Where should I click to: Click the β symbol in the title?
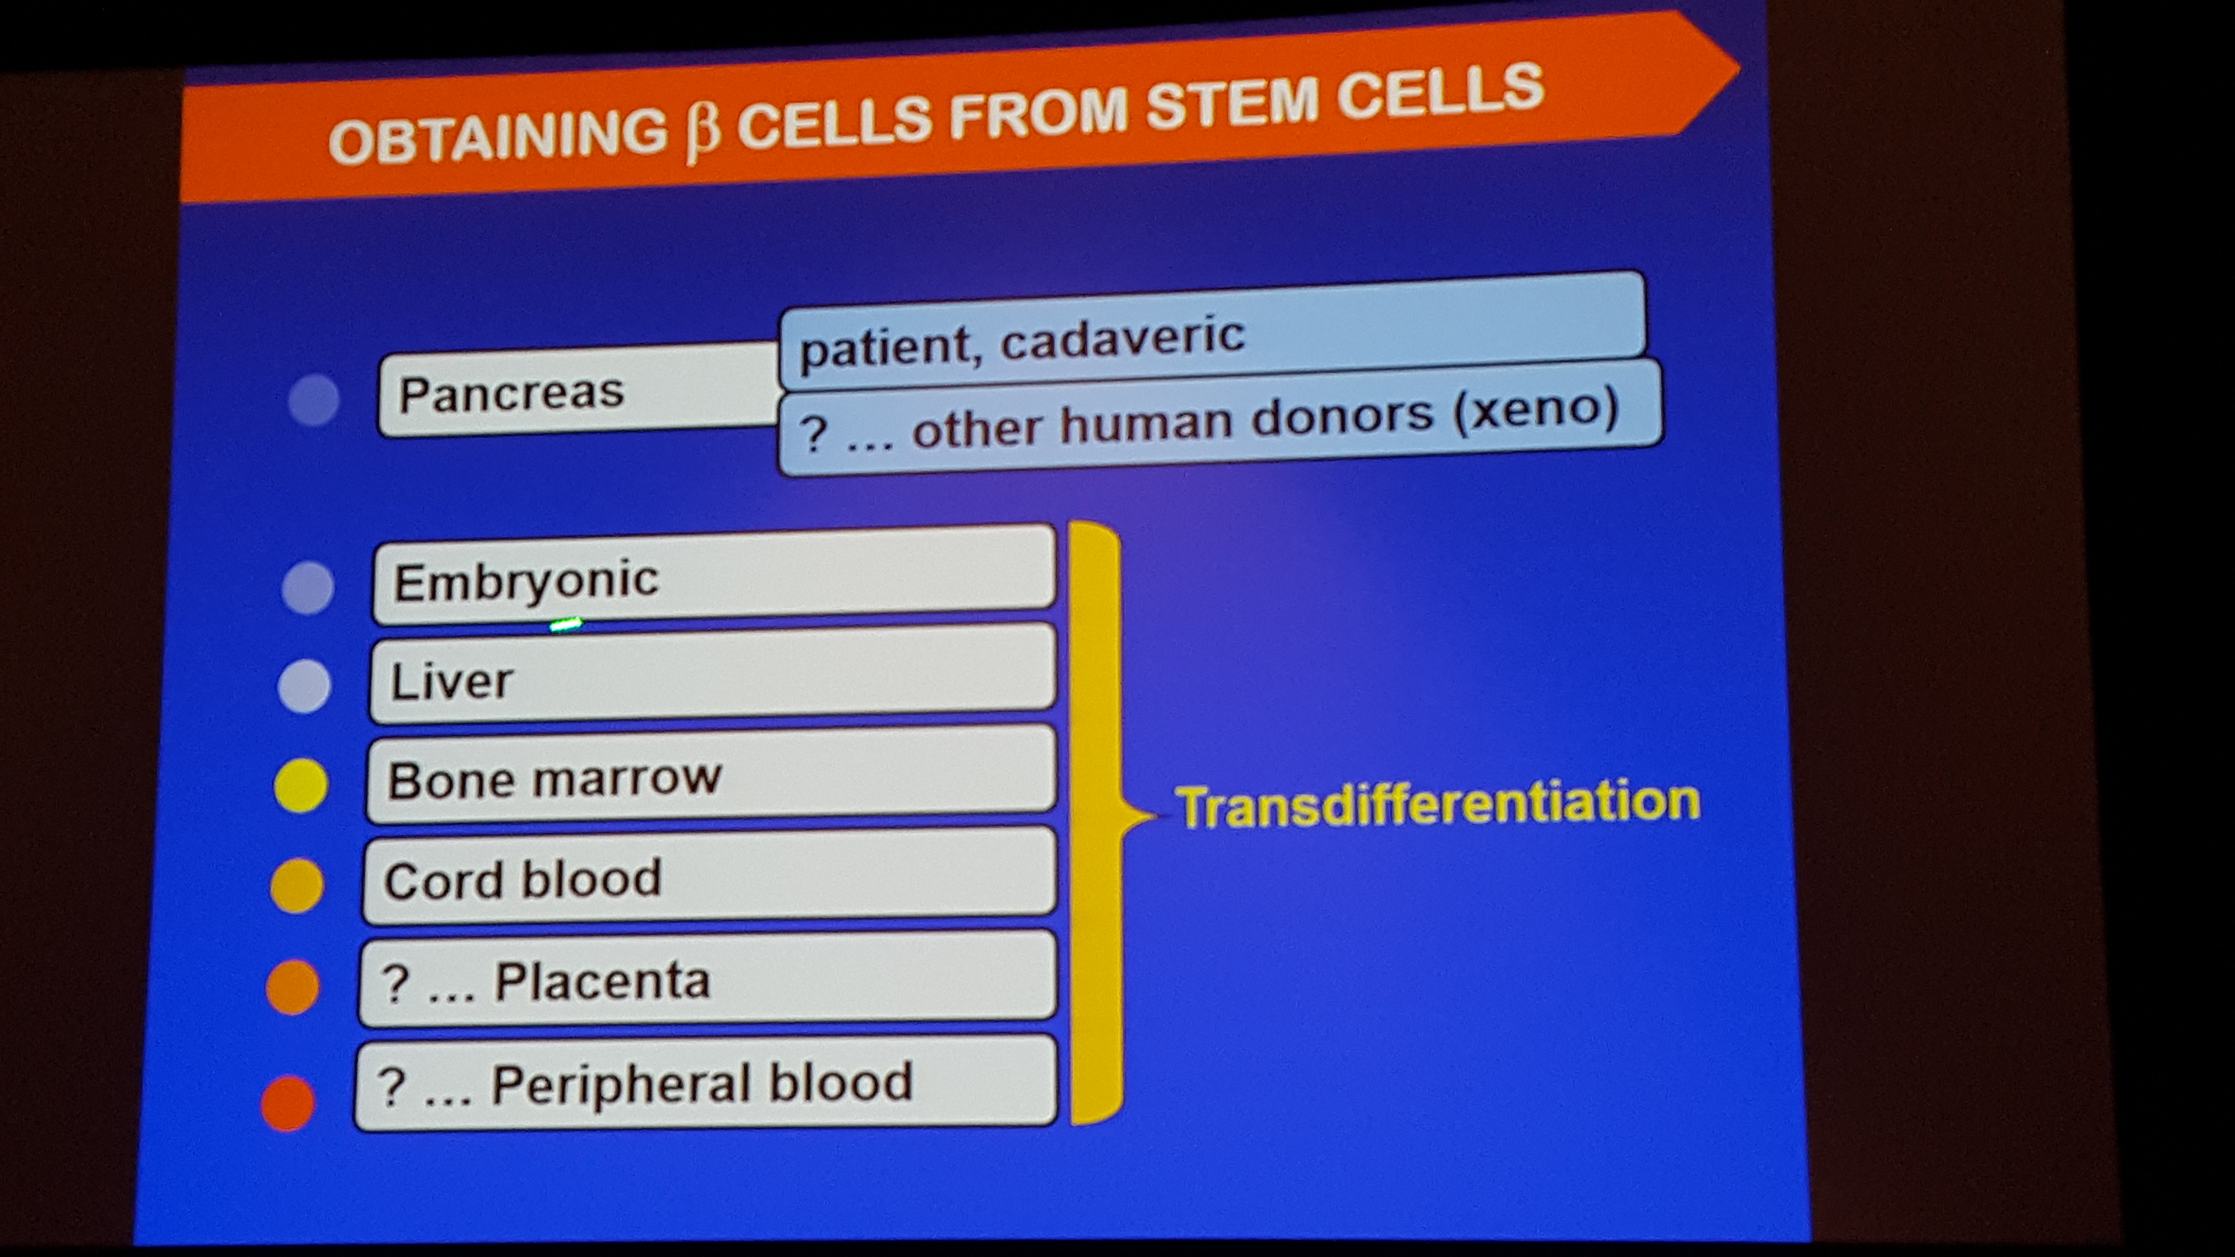(703, 135)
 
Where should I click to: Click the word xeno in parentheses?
(1536, 408)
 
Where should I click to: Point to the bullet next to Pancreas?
(313, 400)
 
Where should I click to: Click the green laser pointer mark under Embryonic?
(565, 624)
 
